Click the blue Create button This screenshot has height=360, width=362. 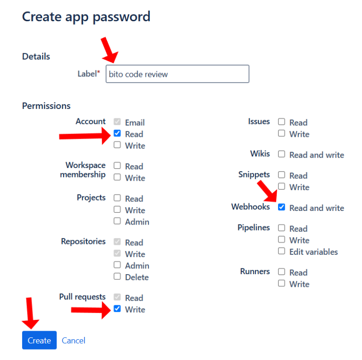point(39,340)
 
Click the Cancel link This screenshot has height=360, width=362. point(74,341)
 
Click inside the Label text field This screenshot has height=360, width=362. point(177,74)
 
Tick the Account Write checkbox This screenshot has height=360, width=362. point(117,145)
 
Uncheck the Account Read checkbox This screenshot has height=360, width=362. point(117,134)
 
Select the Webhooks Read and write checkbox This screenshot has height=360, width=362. point(281,207)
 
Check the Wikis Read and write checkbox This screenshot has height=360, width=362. point(281,154)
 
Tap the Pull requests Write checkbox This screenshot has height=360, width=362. point(117,309)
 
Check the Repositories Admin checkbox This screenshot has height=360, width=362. point(117,265)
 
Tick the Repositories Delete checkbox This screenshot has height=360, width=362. point(117,276)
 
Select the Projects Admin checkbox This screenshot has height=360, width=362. point(117,221)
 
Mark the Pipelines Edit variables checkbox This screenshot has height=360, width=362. point(281,251)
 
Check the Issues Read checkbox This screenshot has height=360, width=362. point(281,122)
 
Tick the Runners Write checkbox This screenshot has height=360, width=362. point(281,283)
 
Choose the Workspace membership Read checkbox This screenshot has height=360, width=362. point(117,166)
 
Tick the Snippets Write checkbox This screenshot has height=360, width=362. point(281,186)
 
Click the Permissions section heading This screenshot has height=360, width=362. point(46,106)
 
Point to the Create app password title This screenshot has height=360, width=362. point(86,17)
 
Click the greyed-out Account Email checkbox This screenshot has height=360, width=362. point(117,122)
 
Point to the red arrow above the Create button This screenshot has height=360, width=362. point(30,313)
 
